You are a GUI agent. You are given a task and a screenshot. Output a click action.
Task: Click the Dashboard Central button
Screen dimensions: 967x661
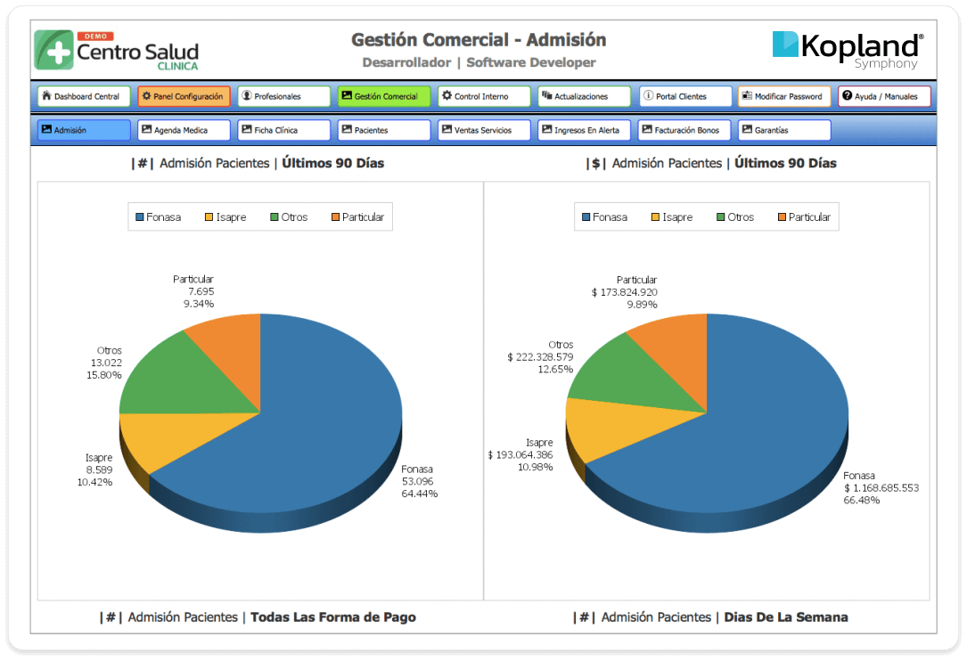point(84,96)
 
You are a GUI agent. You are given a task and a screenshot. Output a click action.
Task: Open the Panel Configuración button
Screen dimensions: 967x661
point(184,96)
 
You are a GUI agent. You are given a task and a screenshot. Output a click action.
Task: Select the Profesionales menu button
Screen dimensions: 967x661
point(283,96)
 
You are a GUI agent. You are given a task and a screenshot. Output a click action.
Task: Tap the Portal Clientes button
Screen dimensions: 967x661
point(685,96)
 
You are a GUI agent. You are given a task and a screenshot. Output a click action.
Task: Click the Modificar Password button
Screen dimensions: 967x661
point(784,96)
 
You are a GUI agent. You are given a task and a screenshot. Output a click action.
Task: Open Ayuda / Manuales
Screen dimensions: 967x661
point(884,96)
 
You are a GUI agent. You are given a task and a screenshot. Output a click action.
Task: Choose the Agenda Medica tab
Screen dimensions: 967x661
point(184,130)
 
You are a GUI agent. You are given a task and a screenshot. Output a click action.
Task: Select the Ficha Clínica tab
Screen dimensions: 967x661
point(283,130)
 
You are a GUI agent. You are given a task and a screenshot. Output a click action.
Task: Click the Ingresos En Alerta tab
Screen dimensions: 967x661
point(584,130)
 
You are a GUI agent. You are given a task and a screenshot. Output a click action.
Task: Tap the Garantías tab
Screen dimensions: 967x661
point(784,130)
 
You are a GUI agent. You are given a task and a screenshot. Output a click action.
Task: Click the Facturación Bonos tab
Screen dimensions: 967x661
point(684,130)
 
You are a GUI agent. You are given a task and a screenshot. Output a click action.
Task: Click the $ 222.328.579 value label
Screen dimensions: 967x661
point(540,357)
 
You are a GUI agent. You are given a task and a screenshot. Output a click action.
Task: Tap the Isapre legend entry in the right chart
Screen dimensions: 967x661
point(672,217)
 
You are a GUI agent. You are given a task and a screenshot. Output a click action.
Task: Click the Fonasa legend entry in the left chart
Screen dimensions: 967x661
point(158,217)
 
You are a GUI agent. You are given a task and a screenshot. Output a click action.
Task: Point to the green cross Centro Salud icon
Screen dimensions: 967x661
point(54,50)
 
